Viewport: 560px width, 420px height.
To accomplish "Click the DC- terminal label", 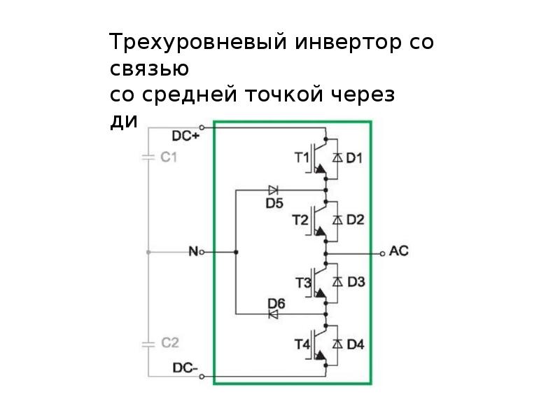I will [186, 367].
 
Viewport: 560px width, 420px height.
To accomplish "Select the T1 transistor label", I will [301, 158].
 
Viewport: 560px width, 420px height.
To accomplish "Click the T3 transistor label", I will [302, 283].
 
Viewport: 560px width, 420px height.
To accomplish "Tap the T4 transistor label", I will [302, 344].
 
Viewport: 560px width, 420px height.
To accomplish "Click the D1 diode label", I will [355, 158].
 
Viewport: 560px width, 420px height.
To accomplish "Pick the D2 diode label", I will [355, 220].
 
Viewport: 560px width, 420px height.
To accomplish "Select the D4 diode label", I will [355, 344].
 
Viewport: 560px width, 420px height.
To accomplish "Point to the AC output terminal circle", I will [382, 251].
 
